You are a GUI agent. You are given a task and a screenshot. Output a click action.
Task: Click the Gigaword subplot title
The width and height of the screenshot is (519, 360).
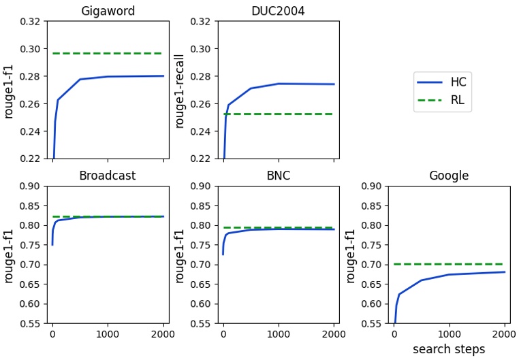107,11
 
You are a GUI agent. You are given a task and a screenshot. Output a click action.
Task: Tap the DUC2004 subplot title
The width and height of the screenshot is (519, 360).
278,11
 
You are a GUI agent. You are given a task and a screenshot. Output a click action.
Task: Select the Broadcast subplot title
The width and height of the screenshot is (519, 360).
107,176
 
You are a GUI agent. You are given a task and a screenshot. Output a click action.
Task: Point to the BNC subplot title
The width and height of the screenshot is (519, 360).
278,176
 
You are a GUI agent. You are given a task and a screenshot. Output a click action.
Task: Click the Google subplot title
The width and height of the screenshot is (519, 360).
449,176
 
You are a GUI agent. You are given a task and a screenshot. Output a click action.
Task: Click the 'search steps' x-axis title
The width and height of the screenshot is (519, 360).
449,349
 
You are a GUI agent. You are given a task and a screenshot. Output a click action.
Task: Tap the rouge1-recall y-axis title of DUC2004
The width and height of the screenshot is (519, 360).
180,90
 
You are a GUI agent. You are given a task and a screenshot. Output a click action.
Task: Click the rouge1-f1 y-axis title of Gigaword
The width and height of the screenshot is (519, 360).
10,90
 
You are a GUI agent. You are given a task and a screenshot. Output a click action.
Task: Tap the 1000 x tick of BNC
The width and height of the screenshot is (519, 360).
278,334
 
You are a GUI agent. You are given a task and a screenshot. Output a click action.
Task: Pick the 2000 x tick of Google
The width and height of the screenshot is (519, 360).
504,334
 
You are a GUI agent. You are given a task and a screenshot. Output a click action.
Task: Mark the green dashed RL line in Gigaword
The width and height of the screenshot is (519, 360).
107,53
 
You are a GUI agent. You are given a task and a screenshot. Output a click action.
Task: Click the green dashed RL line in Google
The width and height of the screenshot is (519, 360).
449,264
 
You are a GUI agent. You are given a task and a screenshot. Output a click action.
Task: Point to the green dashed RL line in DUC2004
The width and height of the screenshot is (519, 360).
278,114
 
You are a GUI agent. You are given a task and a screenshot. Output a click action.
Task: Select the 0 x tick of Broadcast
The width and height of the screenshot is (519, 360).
52,334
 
